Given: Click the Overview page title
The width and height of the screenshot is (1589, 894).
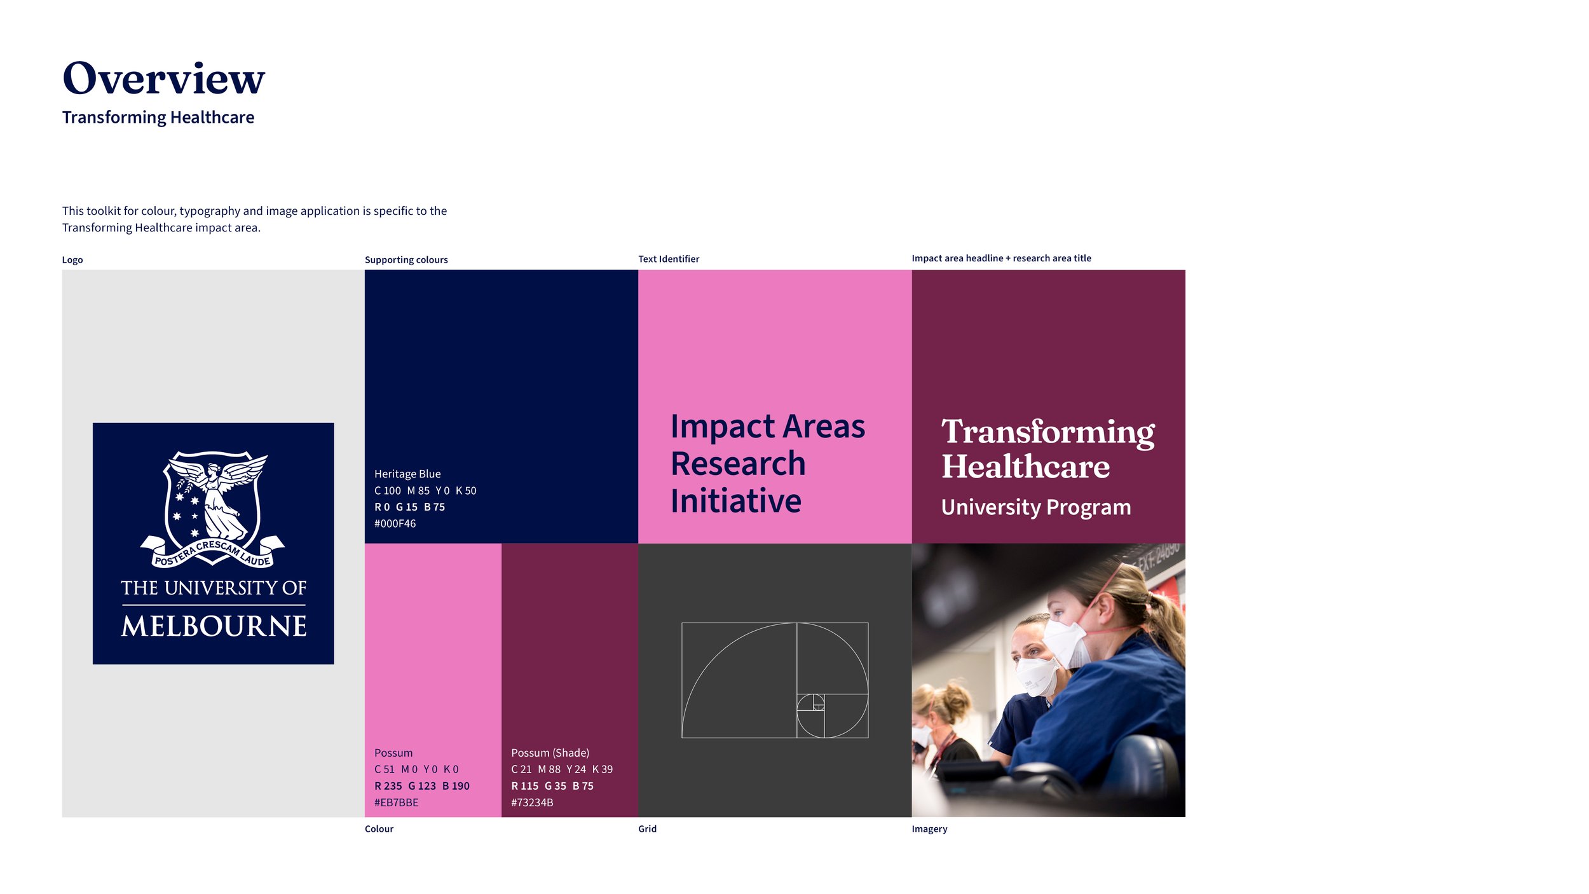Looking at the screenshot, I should click(x=163, y=79).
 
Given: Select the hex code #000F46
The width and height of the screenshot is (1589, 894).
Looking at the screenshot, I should click(x=395, y=524).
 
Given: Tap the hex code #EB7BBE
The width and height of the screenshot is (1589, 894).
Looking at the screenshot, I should click(x=396, y=802).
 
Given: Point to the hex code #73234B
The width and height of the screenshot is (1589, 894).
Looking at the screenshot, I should click(x=532, y=802).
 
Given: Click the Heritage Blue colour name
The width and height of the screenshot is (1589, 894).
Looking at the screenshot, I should click(x=407, y=474).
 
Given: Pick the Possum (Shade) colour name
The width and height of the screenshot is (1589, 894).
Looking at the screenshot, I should click(x=550, y=753).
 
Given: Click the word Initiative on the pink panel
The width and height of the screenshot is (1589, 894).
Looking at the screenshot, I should click(x=736, y=501).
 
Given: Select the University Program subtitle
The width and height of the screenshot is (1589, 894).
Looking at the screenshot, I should click(x=1035, y=507).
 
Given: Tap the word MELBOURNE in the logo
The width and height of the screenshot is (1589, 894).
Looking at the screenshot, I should click(x=214, y=626).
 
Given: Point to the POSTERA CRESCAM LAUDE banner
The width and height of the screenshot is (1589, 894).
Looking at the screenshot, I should click(x=213, y=555).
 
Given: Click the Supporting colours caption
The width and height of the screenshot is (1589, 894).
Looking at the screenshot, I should click(x=406, y=260).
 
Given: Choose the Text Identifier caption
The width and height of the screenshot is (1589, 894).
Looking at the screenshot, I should click(x=668, y=259).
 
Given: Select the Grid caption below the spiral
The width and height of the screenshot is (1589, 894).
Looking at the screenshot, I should click(x=647, y=829).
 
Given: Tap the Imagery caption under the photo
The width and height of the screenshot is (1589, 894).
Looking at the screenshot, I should click(x=929, y=829).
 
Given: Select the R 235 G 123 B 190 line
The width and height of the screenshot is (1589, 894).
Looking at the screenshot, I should click(x=421, y=786).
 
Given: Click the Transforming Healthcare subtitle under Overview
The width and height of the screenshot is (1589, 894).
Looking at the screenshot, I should click(x=158, y=118).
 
